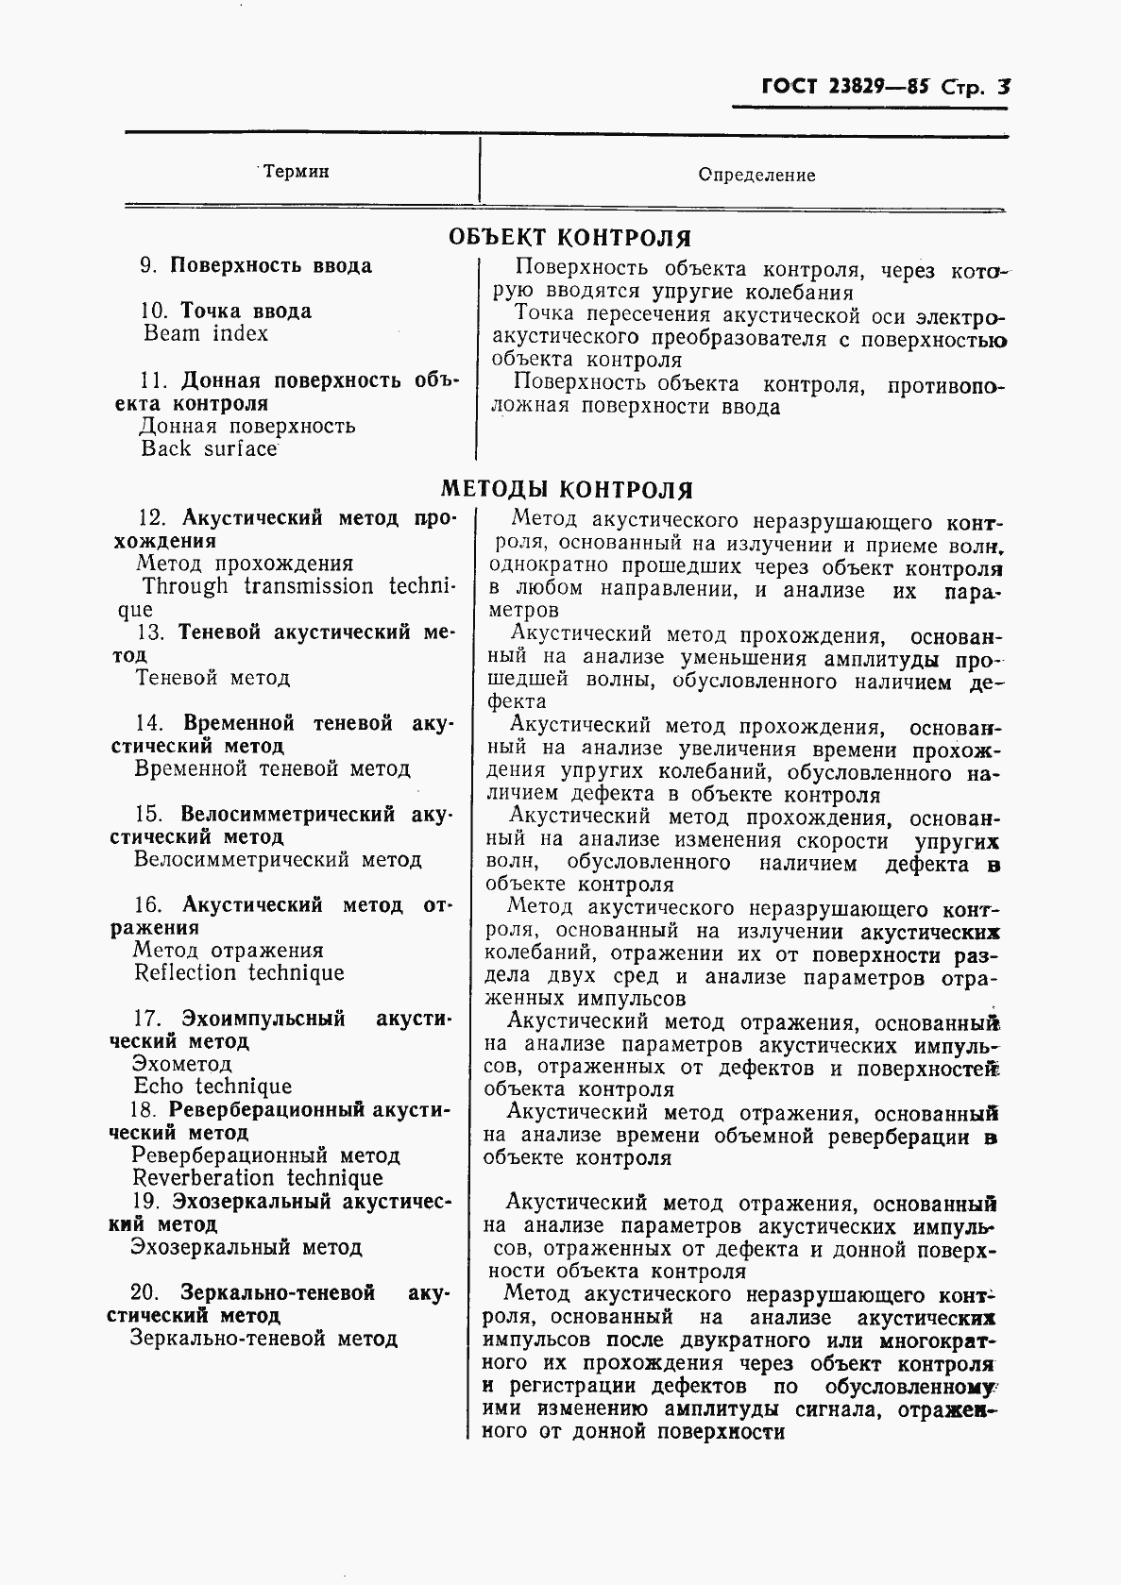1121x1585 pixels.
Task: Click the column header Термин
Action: (x=296, y=172)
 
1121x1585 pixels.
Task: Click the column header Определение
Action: (x=756, y=175)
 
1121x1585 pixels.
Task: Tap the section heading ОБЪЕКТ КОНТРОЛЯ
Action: (x=569, y=237)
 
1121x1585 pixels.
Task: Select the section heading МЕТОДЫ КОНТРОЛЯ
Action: (x=567, y=489)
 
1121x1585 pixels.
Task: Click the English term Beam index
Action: (x=206, y=333)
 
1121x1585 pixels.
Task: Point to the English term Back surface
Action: (x=209, y=448)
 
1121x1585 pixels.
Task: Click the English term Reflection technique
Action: (x=239, y=973)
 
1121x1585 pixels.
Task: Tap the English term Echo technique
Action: (x=212, y=1087)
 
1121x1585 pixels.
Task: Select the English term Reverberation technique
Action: (x=258, y=1178)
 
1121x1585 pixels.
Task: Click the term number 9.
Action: (x=148, y=266)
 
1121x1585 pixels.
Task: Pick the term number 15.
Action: (x=148, y=814)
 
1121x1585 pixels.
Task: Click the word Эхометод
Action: (x=182, y=1064)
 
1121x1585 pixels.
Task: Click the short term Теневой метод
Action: (x=212, y=678)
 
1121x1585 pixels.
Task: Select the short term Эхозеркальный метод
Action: (x=246, y=1247)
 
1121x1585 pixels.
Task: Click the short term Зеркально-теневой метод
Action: (x=263, y=1338)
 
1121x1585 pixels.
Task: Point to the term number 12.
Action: (x=152, y=517)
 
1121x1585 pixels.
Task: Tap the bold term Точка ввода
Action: (x=246, y=311)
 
